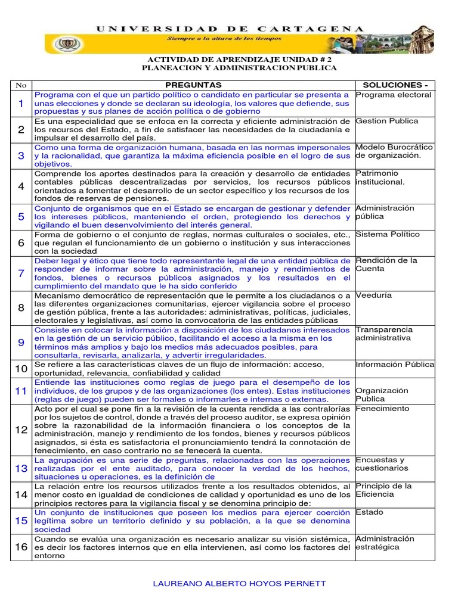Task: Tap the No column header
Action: point(20,85)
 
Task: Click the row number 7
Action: point(21,273)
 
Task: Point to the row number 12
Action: point(21,430)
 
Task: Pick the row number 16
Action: point(21,547)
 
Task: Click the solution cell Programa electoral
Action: point(393,95)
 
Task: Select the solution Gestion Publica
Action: point(386,121)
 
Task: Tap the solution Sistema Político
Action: point(388,234)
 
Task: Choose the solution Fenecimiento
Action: point(382,409)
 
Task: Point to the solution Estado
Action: point(369,512)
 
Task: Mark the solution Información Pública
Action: point(395,364)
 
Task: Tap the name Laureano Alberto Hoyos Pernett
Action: point(240,583)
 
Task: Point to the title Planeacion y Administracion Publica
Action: point(239,68)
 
